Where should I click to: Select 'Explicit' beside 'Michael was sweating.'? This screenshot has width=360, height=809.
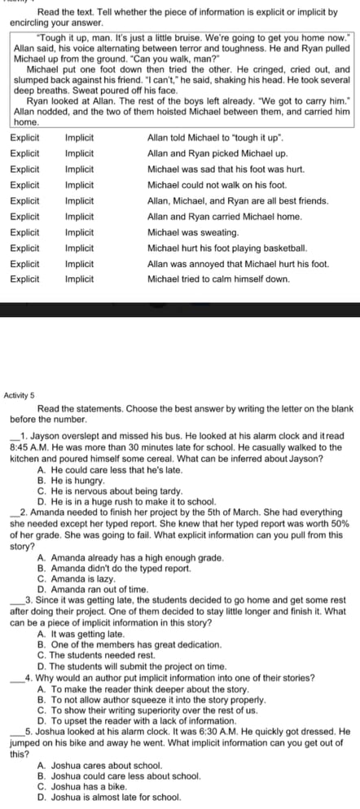[24, 232]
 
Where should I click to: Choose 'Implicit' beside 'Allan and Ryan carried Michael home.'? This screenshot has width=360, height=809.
[78, 217]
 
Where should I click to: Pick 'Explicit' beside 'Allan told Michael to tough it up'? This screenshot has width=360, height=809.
[24, 138]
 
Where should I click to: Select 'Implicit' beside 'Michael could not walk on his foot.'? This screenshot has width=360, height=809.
[78, 185]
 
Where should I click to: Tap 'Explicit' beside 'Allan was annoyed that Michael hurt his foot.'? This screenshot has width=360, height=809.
[24, 263]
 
